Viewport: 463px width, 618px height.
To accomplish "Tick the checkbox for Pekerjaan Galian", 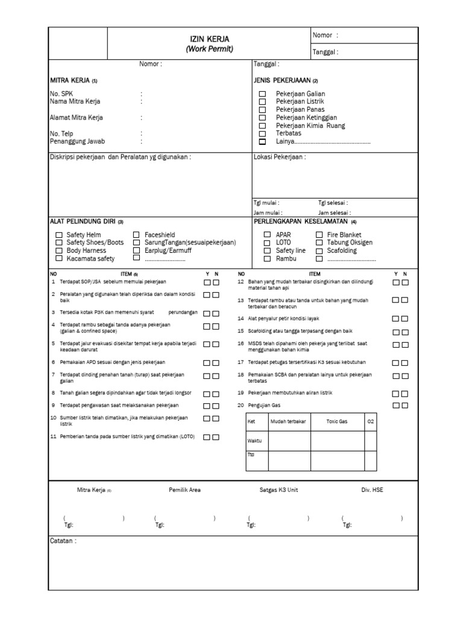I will pos(262,94).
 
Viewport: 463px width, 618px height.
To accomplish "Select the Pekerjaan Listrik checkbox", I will pos(262,102).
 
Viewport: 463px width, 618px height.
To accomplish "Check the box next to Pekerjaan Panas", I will pos(262,110).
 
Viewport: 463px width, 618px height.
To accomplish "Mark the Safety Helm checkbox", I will pos(59,235).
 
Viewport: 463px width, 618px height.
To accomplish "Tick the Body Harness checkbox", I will pos(59,250).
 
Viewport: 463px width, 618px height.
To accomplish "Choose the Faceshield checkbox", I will pos(136,235).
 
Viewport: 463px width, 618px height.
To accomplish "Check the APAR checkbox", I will pos(267,235).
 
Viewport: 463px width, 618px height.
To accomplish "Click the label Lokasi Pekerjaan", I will pos(279,157).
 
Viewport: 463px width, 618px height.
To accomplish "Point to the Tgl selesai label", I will pos(333,203).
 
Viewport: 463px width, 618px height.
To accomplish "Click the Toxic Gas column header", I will pos(337,422).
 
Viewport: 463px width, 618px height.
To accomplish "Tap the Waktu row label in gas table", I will pos(255,441).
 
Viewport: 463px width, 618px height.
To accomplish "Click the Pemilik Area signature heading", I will pos(185,490).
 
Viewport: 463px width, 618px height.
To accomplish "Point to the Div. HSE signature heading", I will pos(372,490).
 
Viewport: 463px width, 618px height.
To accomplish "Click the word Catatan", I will pos(63,541).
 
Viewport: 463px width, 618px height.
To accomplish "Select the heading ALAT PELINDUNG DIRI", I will pos(86,221).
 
